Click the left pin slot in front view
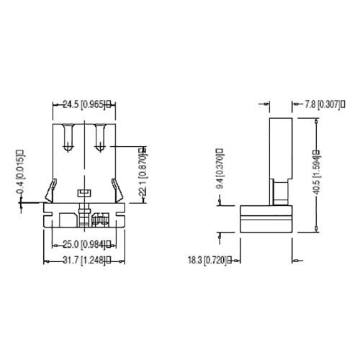(68, 136)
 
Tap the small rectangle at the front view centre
(83, 192)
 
